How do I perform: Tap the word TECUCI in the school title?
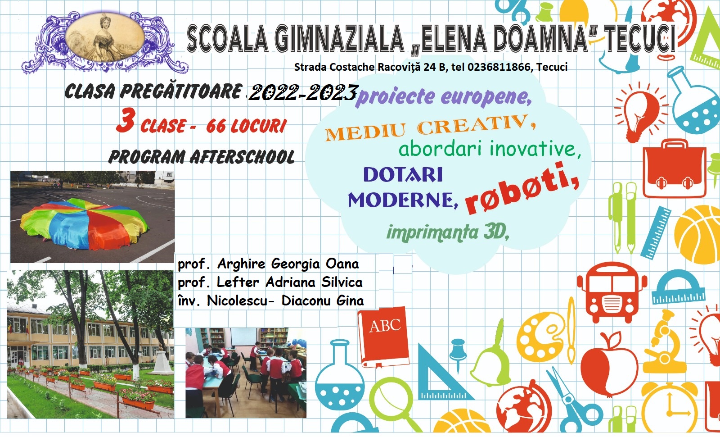640,39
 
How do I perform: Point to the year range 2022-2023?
303,93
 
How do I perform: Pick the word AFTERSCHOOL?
243,157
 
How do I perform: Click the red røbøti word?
522,189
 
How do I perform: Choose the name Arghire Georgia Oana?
288,264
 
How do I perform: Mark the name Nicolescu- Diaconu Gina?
285,301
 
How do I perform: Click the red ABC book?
383,337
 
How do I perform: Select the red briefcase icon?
674,169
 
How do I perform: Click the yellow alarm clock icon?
669,406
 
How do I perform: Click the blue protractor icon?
678,287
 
